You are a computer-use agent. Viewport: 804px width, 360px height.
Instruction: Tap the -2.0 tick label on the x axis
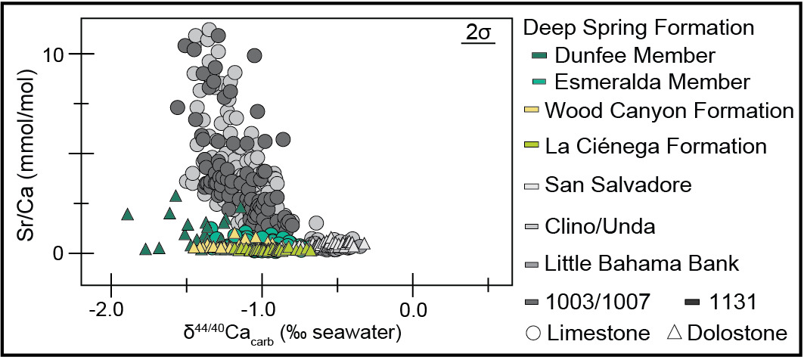tap(111, 310)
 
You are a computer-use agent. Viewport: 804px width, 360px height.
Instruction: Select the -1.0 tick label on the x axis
tap(262, 310)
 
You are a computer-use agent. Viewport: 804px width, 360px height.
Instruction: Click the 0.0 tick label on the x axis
tap(412, 310)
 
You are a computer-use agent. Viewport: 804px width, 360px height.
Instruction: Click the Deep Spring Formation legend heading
tap(639, 28)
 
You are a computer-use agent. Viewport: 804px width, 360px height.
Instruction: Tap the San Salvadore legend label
tap(619, 184)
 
